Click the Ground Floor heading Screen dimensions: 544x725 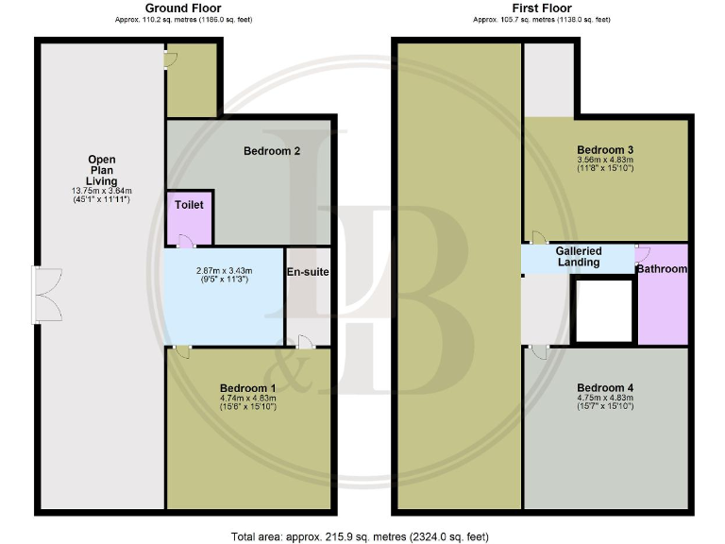point(183,8)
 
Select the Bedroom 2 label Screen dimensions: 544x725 point(272,151)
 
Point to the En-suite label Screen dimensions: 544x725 point(308,272)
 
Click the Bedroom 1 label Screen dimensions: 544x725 point(248,388)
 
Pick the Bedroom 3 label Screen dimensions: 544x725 point(605,150)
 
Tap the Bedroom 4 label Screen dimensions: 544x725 point(605,388)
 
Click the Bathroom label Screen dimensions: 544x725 point(662,269)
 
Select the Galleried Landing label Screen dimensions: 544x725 point(579,256)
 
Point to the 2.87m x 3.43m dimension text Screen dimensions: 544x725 point(222,270)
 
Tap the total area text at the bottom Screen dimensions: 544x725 point(360,536)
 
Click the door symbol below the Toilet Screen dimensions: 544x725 point(185,243)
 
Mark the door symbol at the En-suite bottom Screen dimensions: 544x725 point(304,343)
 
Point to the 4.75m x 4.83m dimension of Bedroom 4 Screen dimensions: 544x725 point(605,399)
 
